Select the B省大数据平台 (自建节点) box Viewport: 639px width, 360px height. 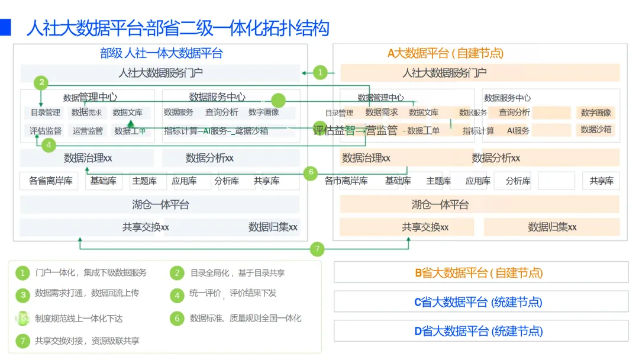[480, 273]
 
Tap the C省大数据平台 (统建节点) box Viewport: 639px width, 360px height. [480, 302]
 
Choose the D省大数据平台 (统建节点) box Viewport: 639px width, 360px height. [480, 331]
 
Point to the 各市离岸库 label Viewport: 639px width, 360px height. [346, 181]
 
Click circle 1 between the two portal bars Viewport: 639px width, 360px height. [319, 73]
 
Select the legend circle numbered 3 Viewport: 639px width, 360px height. [22, 294]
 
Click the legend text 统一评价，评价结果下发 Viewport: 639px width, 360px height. [233, 293]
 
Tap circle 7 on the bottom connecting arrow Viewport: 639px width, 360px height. [318, 249]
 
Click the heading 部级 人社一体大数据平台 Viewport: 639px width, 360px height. [161, 53]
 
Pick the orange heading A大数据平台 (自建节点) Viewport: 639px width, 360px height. [445, 53]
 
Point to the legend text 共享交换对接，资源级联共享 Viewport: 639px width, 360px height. [87, 340]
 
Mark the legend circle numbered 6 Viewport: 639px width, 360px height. [177, 319]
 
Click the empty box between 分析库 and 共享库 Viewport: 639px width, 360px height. [556, 181]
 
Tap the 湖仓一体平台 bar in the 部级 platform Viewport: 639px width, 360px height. [160, 205]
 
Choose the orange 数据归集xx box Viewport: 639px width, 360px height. [551, 227]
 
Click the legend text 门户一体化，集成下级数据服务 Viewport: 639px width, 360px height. [91, 273]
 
